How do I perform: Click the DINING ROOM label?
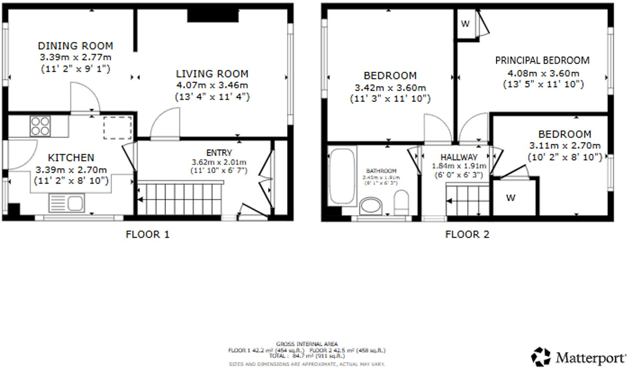(75, 46)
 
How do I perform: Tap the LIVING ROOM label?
(212, 74)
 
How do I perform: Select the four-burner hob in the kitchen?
(40, 126)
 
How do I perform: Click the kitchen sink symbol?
(67, 203)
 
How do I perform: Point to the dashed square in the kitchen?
(117, 128)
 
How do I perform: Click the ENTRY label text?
(219, 153)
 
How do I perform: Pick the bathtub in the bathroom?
(342, 176)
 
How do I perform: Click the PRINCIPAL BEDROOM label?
(542, 61)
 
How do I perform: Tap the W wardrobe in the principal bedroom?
(465, 24)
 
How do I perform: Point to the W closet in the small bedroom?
(510, 198)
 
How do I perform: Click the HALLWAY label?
(459, 157)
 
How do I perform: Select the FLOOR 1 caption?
(147, 235)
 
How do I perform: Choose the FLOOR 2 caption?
(467, 235)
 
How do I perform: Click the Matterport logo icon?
(541, 357)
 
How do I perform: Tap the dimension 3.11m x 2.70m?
(565, 146)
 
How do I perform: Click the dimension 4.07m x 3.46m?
(212, 85)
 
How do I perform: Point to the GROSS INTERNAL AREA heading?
(307, 344)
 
